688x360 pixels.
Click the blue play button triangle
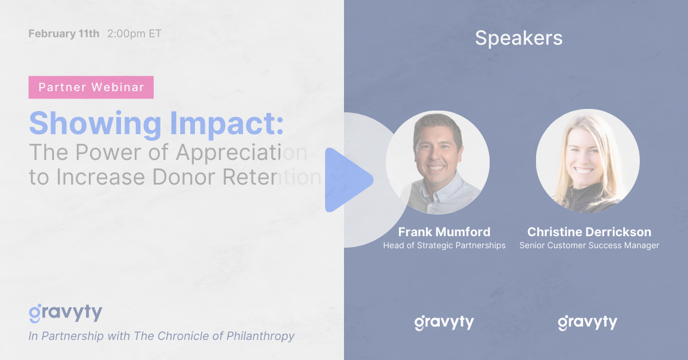click(346, 180)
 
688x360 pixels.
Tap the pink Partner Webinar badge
click(91, 87)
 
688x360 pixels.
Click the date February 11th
click(64, 33)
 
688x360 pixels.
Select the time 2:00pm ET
click(134, 33)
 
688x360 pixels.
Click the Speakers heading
click(519, 38)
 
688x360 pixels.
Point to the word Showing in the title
click(95, 123)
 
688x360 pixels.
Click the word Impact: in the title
click(226, 123)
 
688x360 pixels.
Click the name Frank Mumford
click(444, 232)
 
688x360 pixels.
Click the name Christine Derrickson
click(589, 232)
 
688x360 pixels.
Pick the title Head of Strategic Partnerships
click(444, 245)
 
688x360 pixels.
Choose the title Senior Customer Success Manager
click(589, 245)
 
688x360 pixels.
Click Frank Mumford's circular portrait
click(437, 162)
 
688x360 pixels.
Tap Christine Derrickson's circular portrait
click(588, 161)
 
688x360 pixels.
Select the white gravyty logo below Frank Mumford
click(444, 323)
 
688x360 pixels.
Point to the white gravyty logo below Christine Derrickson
click(588, 323)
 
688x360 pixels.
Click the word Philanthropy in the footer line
click(260, 336)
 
